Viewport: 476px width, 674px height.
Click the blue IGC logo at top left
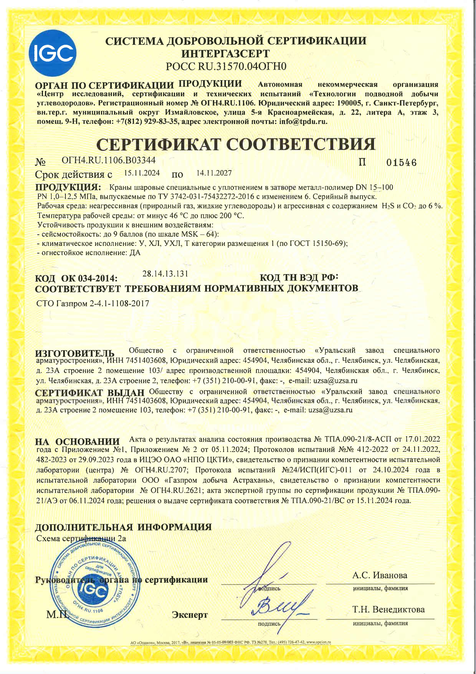pos(53,53)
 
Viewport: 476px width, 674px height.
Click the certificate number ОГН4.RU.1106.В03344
pos(108,160)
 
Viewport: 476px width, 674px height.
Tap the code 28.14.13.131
pos(165,274)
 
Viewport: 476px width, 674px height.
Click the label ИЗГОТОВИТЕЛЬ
pos(75,353)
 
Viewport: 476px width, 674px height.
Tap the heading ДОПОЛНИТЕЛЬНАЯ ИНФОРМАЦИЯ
pos(123,527)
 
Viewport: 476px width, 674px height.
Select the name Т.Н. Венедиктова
pos(388,609)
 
